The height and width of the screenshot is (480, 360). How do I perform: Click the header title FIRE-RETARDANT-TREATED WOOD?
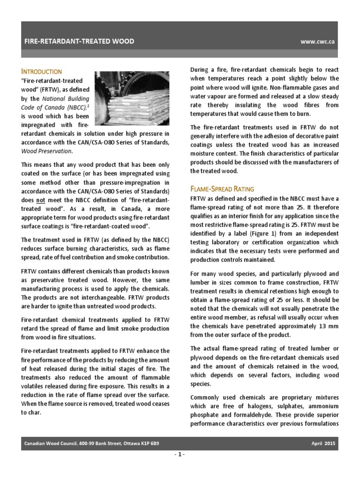tap(79, 41)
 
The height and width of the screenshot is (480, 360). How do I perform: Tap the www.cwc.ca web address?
tap(317, 41)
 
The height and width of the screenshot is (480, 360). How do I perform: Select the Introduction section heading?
tap(41, 71)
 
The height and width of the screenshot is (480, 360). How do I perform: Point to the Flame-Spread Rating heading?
tap(222, 188)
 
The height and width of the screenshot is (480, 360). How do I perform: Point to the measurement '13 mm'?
tap(324, 326)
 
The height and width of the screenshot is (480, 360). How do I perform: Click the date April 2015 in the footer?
tap(323, 443)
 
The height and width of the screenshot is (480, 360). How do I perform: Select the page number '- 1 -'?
tap(180, 455)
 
